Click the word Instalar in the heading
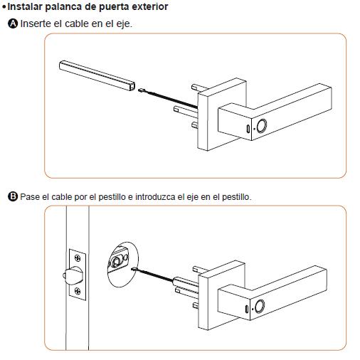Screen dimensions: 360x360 point(25,6)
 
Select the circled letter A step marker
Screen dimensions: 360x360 point(13,23)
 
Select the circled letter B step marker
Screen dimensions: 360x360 point(13,196)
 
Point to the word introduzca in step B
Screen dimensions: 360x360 point(155,197)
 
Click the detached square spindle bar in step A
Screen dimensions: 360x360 point(97,76)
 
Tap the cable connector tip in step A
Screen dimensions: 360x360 point(142,90)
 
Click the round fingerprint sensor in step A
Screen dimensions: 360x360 point(262,126)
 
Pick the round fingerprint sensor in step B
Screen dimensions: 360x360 point(260,306)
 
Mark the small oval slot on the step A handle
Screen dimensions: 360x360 point(248,128)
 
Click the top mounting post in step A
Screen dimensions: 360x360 point(200,87)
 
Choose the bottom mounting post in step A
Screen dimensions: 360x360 point(195,125)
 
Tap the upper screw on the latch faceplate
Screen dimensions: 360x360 point(78,258)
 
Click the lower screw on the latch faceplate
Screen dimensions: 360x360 point(78,291)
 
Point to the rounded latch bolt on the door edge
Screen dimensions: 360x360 point(73,275)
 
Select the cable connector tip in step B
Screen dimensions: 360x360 point(134,269)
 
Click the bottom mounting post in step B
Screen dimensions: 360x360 point(196,305)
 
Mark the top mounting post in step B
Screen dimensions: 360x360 point(201,269)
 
